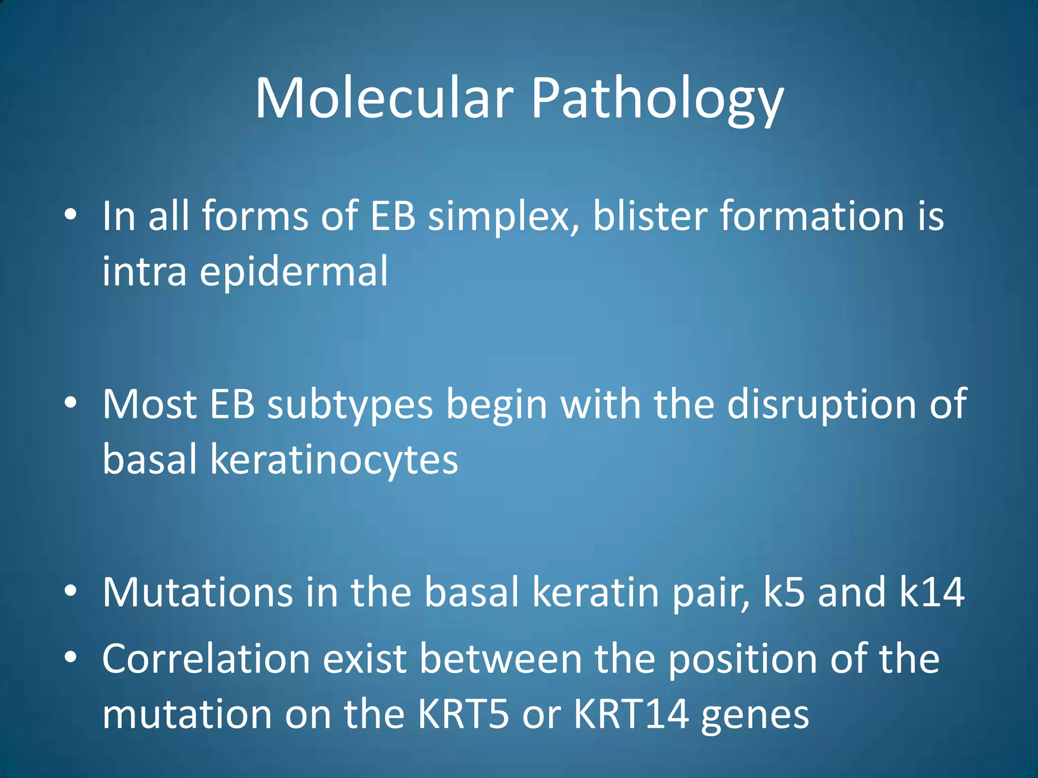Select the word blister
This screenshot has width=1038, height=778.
click(650, 216)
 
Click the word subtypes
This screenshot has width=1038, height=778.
click(350, 405)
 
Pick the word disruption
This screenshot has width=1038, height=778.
click(821, 405)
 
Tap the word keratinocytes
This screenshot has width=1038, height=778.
click(334, 459)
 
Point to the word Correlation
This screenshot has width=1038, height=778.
click(206, 658)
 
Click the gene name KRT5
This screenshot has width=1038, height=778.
click(463, 714)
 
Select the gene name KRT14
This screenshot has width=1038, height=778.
click(631, 714)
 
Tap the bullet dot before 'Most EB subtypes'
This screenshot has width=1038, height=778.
click(70, 403)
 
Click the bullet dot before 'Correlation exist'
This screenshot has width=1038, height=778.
click(70, 657)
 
